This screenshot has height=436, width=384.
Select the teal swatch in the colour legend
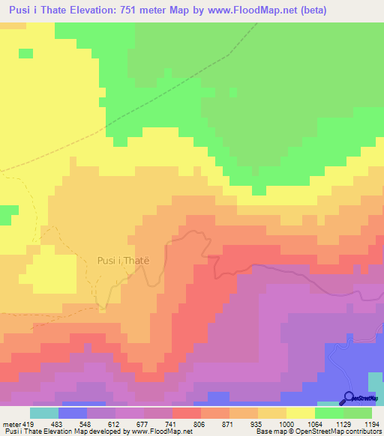point(44,413)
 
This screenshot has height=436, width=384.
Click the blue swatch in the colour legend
point(73,413)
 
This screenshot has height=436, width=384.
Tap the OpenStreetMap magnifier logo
point(348,398)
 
